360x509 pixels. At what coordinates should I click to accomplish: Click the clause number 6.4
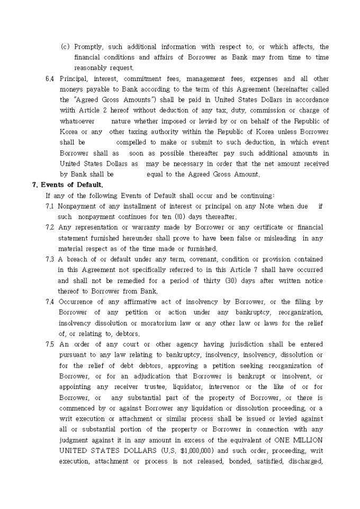(x=50, y=79)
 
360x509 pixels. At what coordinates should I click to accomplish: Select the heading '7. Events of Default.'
(x=68, y=185)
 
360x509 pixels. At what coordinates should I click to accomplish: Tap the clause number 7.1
(x=50, y=206)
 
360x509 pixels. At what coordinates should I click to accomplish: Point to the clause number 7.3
(x=50, y=259)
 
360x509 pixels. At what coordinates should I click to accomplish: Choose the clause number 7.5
(x=50, y=344)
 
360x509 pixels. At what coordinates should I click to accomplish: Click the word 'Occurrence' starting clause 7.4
(x=77, y=302)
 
